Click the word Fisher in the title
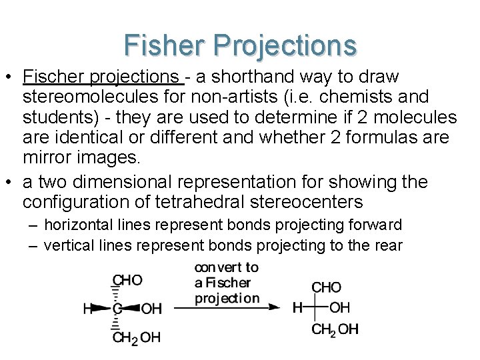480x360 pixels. pyautogui.click(x=165, y=45)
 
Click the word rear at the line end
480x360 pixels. pyautogui.click(x=388, y=245)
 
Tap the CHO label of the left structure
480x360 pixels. pyautogui.click(x=127, y=280)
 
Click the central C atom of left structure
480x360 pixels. pyautogui.click(x=117, y=309)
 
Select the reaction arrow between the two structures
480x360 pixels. pyautogui.click(x=227, y=307)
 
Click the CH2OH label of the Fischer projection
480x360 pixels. pyautogui.click(x=335, y=329)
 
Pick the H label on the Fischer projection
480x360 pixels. pyautogui.click(x=297, y=307)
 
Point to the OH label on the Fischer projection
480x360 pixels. pyautogui.click(x=340, y=307)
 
